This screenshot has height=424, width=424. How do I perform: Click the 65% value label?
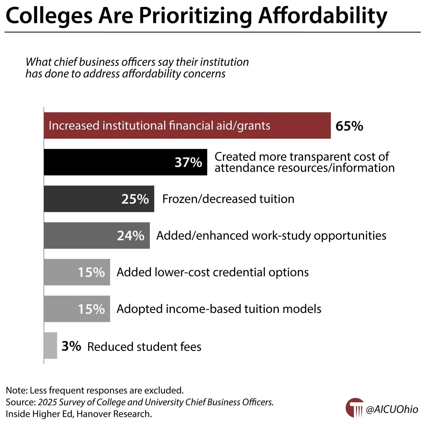point(349,126)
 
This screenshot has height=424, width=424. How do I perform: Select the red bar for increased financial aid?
point(187,125)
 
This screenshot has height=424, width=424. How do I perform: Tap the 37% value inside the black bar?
point(188,162)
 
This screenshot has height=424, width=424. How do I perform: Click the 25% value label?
point(135,199)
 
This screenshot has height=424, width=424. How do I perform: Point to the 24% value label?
point(131,236)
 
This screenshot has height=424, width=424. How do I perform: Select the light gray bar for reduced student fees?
point(50,345)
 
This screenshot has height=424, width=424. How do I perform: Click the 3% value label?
point(71,346)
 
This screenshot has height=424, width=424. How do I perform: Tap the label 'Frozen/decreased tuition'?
point(228,199)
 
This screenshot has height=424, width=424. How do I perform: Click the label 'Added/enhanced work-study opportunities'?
point(271,236)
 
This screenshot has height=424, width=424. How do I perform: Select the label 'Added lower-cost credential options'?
point(213,272)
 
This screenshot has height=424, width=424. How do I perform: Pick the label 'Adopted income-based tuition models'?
point(219,309)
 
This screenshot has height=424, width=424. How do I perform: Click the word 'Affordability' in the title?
point(323,16)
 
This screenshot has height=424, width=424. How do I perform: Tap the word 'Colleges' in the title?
point(49,16)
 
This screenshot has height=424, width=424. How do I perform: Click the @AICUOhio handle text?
point(392,409)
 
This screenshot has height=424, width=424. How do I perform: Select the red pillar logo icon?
point(355,408)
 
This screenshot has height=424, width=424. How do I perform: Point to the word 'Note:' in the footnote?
point(16,390)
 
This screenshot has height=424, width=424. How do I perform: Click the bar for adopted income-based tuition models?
point(77,309)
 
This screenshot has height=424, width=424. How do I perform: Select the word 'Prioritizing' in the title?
point(196,16)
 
